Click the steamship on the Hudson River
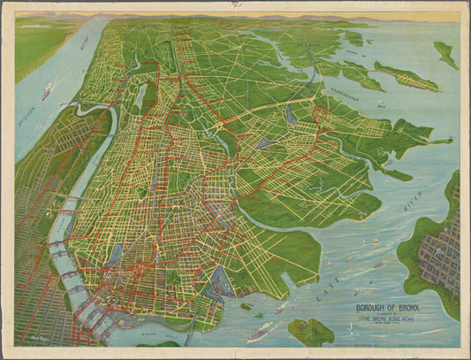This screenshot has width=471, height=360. (x=46, y=90)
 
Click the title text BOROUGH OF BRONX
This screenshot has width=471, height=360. (x=389, y=310)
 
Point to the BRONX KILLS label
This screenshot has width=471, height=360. (x=148, y=338)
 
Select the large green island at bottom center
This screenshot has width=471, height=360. (x=311, y=332)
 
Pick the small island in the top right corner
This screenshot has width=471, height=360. (x=445, y=55)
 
